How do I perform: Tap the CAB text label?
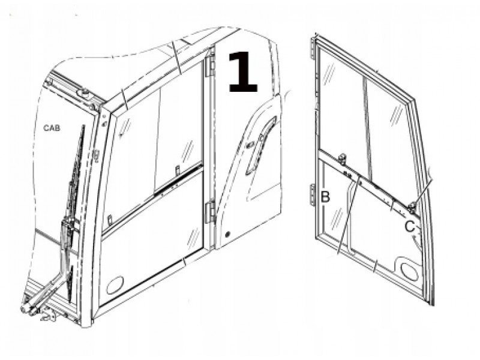click(52, 128)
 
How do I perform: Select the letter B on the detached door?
click(325, 197)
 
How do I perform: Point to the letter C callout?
click(410, 227)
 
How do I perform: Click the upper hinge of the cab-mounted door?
click(211, 63)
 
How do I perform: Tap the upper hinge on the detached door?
click(312, 49)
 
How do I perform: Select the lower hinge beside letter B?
click(313, 194)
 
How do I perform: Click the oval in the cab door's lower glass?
click(115, 286)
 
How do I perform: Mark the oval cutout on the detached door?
click(409, 272)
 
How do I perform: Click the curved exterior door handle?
click(260, 144)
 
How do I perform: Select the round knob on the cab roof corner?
click(84, 94)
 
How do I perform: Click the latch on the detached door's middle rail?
click(341, 159)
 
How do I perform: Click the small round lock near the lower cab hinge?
click(227, 235)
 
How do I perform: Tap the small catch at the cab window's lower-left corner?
click(110, 220)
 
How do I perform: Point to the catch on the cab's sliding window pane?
click(177, 170)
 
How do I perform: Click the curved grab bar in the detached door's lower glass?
click(350, 214)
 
